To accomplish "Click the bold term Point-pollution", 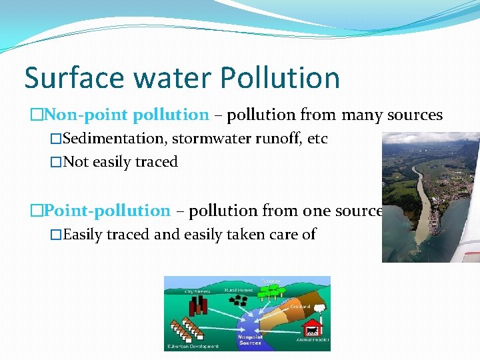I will point(107,211).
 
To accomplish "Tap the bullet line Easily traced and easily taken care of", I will point(189,235).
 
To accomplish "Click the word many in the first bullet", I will point(363,115).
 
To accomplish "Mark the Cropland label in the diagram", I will point(299,306).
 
